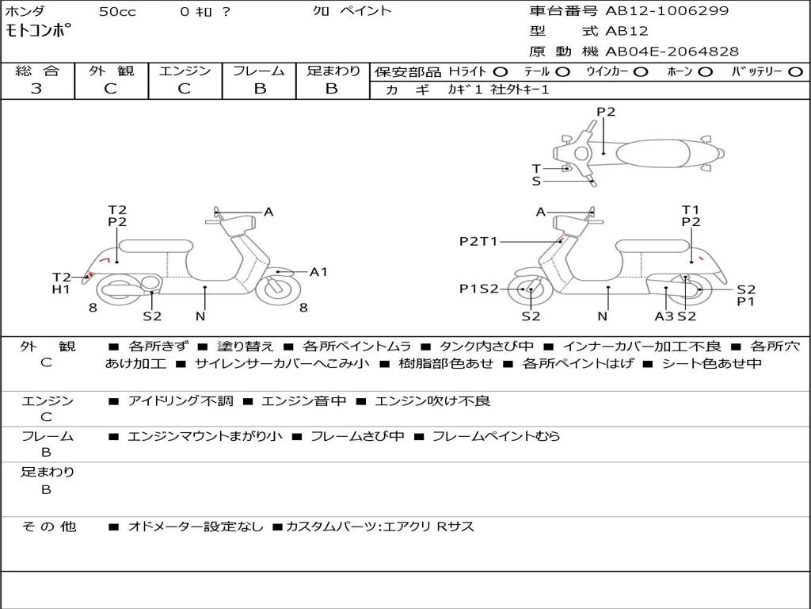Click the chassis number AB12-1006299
666,11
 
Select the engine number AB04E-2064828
672,52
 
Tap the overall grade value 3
36,89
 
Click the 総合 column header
36,71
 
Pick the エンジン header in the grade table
185,71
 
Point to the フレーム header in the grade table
259,71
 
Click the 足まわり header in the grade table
333,71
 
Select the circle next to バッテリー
794,71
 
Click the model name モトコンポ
39,31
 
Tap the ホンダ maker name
25,11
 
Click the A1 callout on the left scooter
318,272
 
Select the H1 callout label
62,289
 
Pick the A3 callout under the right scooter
664,316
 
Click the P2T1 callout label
478,241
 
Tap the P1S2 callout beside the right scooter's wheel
479,289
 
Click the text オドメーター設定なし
195,527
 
